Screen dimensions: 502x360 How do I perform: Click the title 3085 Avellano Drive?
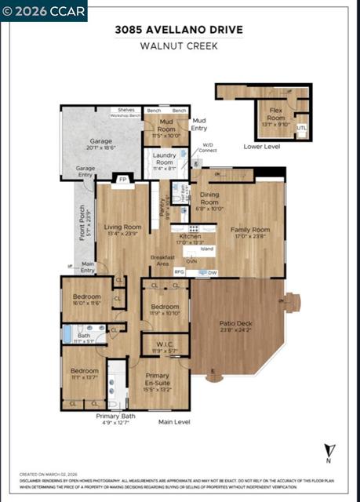pos(180,30)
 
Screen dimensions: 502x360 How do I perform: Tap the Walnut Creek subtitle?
pos(180,45)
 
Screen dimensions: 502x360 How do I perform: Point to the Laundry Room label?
pos(165,162)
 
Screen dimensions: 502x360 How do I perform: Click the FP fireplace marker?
pos(122,179)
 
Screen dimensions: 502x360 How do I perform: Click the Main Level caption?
pos(174,422)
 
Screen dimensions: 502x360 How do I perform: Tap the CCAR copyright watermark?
pos(44,10)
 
